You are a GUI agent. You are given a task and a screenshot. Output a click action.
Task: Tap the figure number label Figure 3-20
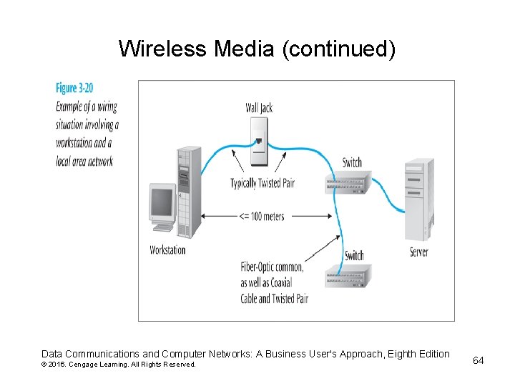[75, 89]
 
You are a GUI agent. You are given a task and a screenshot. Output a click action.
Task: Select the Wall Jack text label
[259, 108]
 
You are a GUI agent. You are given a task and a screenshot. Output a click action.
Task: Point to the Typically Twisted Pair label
[263, 183]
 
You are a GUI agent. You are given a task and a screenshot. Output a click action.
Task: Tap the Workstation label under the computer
[167, 250]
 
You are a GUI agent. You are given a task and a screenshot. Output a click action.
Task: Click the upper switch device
[345, 183]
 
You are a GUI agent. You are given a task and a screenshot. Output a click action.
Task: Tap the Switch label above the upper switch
[352, 162]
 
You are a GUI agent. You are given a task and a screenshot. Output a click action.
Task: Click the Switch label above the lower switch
[354, 255]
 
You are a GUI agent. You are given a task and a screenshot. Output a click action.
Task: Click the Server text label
[419, 252]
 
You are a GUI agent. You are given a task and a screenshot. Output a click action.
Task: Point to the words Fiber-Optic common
[272, 267]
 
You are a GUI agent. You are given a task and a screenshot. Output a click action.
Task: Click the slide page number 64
[479, 360]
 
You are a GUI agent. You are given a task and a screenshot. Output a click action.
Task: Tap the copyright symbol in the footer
[44, 365]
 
